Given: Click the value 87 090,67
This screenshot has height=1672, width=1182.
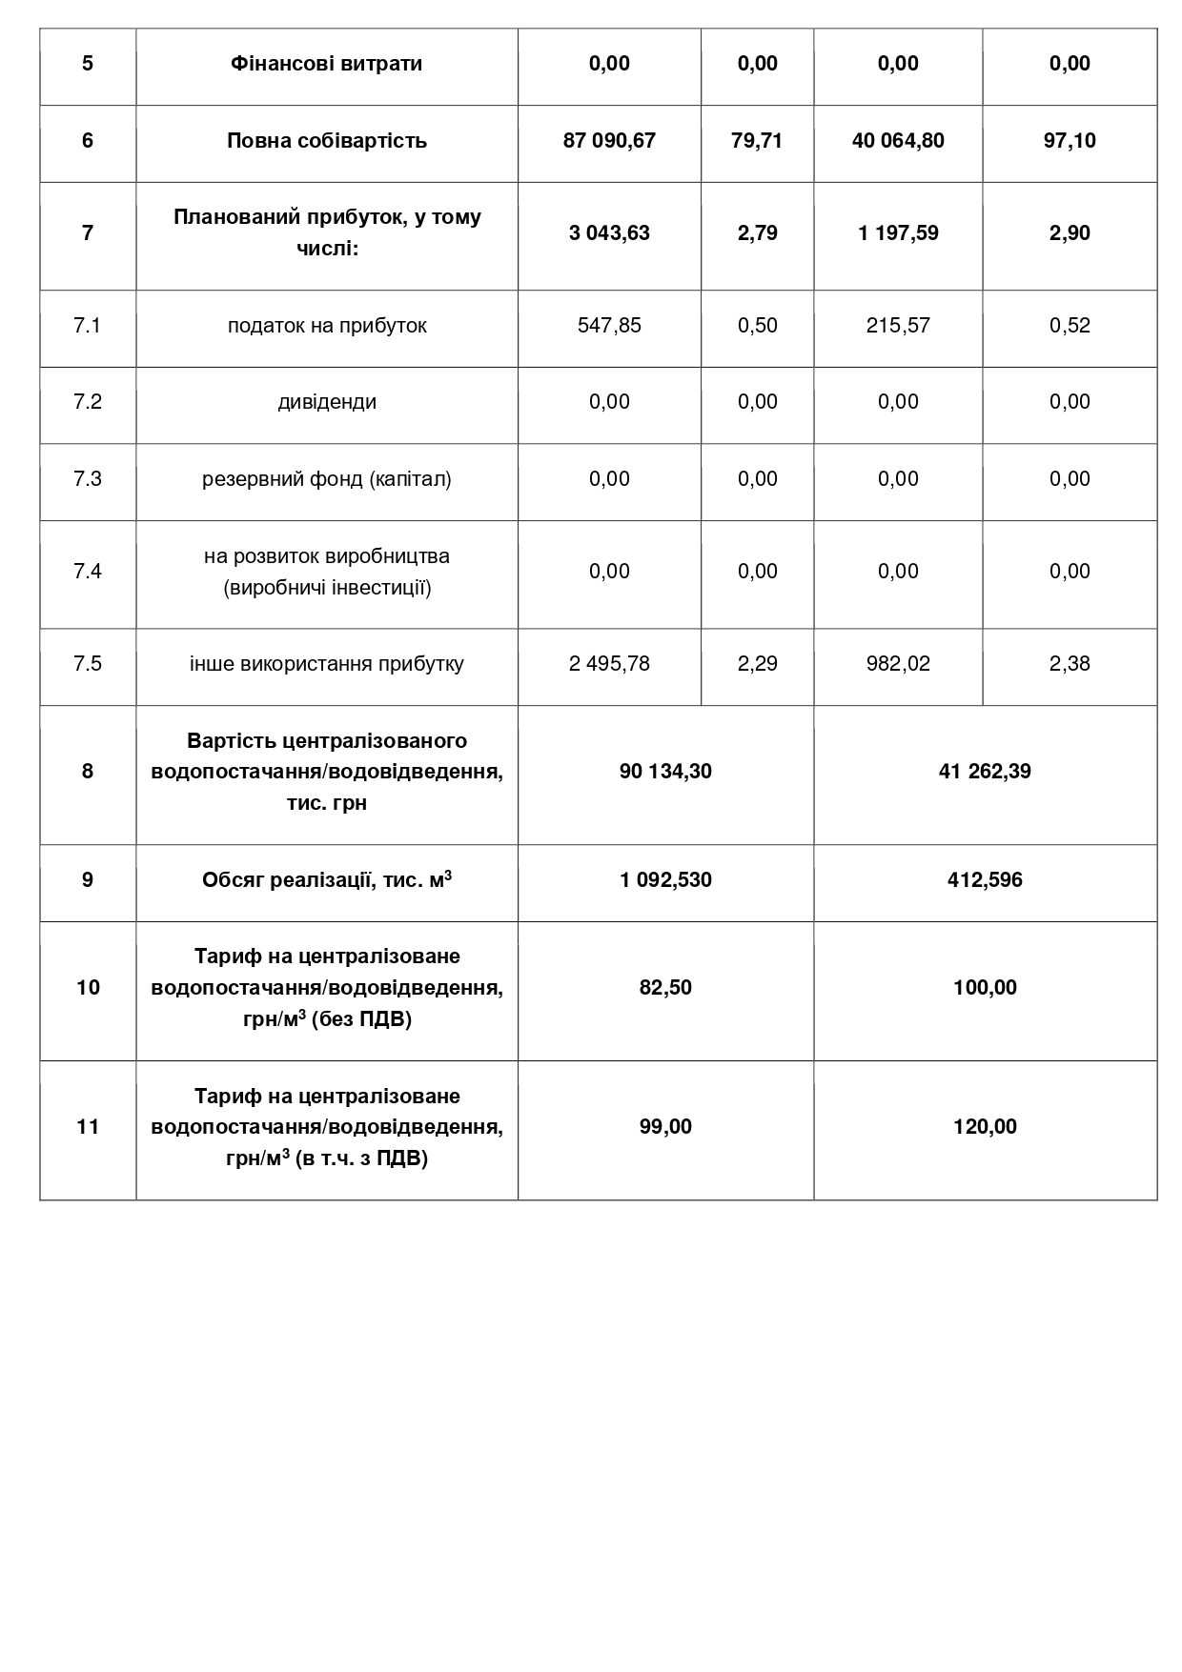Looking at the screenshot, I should pyautogui.click(x=609, y=141).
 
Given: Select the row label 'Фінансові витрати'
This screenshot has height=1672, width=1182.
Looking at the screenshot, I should pyautogui.click(x=326, y=64).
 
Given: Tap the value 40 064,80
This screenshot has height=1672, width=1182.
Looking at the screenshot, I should pyautogui.click(x=898, y=141).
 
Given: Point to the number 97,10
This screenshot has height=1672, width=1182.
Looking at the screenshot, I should pyautogui.click(x=1070, y=141).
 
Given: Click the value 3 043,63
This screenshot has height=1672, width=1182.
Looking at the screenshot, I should pyautogui.click(x=609, y=233).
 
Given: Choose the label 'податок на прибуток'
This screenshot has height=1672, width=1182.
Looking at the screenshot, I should pyautogui.click(x=326, y=326).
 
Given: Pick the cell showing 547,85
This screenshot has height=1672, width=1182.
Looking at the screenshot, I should pyautogui.click(x=609, y=326).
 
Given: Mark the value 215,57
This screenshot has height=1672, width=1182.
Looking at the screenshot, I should pyautogui.click(x=898, y=326).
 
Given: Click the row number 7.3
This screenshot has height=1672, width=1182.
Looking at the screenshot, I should pyautogui.click(x=88, y=479).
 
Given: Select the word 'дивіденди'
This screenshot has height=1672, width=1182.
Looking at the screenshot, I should pyautogui.click(x=326, y=402).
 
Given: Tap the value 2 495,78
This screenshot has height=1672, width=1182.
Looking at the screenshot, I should pyautogui.click(x=609, y=664).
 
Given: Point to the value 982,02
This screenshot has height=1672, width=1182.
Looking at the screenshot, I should pyautogui.click(x=898, y=664).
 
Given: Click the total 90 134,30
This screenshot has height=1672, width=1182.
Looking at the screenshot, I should pyautogui.click(x=665, y=772).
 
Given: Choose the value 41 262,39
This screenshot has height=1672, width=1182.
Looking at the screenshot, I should pyautogui.click(x=985, y=772).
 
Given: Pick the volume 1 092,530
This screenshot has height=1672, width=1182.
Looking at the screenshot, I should pyautogui.click(x=665, y=880).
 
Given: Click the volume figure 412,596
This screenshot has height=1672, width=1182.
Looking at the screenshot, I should pyautogui.click(x=985, y=880).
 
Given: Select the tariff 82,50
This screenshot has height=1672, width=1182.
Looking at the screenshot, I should pyautogui.click(x=665, y=988).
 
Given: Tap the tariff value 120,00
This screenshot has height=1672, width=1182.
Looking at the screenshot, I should pyautogui.click(x=985, y=1127).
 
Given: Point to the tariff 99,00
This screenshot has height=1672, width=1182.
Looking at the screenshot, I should pyautogui.click(x=665, y=1127).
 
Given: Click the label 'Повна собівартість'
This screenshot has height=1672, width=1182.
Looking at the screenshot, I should pyautogui.click(x=326, y=141).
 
